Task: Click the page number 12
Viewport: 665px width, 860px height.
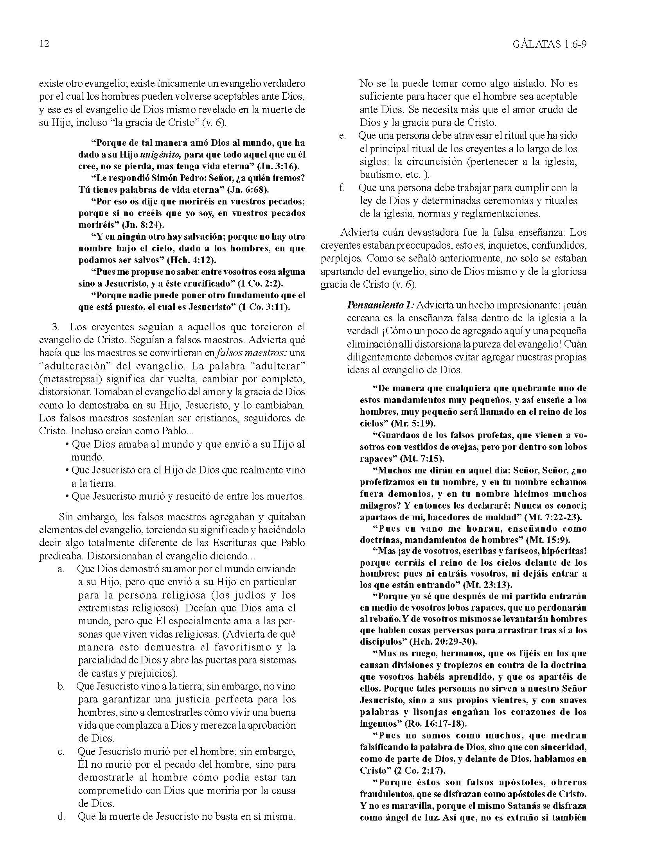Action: (x=45, y=44)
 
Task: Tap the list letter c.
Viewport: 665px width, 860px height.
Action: (x=61, y=752)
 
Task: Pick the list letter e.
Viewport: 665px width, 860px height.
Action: (x=342, y=136)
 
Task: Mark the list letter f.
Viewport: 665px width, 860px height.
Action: (x=342, y=188)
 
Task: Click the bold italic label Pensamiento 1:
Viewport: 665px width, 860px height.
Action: (x=380, y=305)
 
